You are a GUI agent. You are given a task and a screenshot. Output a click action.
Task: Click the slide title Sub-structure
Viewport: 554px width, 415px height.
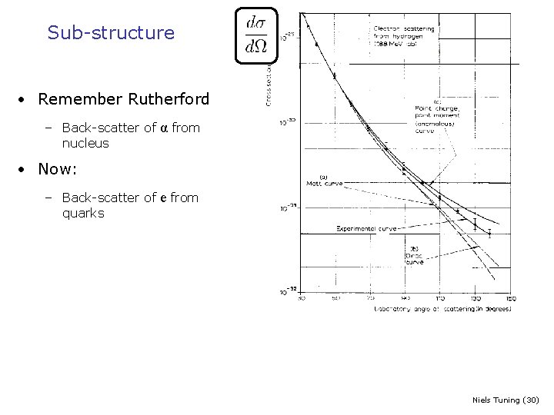click(x=111, y=33)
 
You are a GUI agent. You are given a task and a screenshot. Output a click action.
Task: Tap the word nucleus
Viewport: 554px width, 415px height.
click(x=85, y=143)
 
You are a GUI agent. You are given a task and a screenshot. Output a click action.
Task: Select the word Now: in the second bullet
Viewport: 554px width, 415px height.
click(x=58, y=168)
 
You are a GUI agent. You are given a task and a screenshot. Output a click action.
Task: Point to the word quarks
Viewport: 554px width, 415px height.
click(x=83, y=213)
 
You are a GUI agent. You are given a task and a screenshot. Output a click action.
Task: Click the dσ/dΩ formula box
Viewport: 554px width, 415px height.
click(x=256, y=35)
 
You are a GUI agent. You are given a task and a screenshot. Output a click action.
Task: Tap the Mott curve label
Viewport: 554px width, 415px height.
click(x=325, y=181)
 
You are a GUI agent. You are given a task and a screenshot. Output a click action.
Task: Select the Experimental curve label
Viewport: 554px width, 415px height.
click(x=365, y=228)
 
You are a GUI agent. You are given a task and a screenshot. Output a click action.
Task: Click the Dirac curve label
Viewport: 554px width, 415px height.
click(x=414, y=254)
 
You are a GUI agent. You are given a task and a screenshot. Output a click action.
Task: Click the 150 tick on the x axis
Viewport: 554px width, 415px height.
click(x=510, y=298)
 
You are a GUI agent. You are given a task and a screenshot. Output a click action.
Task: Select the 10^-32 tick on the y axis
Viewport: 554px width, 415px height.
click(x=287, y=290)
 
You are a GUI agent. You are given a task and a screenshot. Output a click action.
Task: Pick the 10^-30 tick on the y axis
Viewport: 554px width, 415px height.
click(x=286, y=122)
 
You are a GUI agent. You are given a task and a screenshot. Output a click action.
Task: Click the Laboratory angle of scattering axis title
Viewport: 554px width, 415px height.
click(x=442, y=309)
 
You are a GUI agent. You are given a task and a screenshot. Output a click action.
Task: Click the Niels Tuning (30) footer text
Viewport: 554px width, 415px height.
click(x=506, y=400)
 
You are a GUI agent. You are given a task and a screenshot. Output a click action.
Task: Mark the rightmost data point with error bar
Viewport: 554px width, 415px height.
click(x=489, y=233)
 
